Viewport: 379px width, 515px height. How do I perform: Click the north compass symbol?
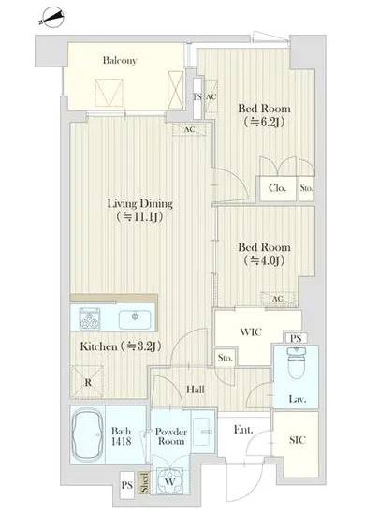pos(51,18)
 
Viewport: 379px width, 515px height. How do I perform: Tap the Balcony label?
pos(120,61)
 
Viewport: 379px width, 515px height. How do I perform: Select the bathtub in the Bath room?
pos(87,434)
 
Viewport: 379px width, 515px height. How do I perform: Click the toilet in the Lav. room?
pos(297,363)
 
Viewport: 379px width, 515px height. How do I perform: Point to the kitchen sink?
pos(135,318)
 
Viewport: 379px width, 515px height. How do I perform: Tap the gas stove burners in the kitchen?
pos(90,319)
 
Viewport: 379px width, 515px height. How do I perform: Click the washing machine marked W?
pos(169,481)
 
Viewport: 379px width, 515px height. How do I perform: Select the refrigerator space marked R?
pos(87,382)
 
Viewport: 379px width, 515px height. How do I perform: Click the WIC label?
pos(251,331)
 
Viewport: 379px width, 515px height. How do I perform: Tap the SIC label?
pos(298,440)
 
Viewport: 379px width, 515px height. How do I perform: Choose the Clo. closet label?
pos(277,188)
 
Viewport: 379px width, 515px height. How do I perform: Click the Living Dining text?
pos(140,203)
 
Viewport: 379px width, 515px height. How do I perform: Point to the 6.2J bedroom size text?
pos(264,122)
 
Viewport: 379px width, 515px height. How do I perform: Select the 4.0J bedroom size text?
pos(264,261)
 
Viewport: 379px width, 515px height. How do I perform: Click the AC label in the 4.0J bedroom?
pos(278,299)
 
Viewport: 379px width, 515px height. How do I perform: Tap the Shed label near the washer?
pos(144,482)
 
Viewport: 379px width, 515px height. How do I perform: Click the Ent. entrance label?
pos(243,430)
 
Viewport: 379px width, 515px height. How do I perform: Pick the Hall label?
pos(196,390)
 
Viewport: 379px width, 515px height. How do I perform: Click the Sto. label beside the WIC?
pos(226,358)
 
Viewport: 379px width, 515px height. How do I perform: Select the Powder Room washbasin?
pos(203,431)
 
